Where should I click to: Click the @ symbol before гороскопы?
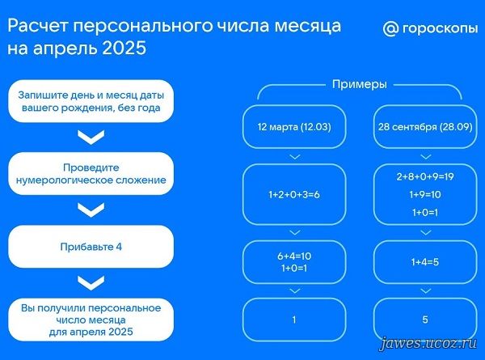click(x=390, y=29)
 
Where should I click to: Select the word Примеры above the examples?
click(x=360, y=84)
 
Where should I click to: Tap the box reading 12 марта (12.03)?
click(x=294, y=126)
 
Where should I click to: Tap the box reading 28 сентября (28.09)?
click(x=425, y=126)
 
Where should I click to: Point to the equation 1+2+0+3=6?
click(x=294, y=194)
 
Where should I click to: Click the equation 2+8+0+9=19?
click(x=425, y=176)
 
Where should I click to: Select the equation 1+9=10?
click(x=425, y=194)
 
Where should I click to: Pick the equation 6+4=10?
click(x=294, y=256)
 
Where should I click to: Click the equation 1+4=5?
click(x=425, y=262)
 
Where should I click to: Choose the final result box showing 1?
click(x=294, y=320)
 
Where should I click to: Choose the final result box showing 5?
click(x=425, y=320)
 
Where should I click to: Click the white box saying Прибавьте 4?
click(x=91, y=247)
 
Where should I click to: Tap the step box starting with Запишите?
click(x=91, y=101)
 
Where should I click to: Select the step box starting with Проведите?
click(x=91, y=174)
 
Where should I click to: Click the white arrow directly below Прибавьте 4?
click(x=91, y=283)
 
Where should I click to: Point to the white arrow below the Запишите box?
click(x=91, y=138)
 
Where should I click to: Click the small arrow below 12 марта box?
click(x=295, y=157)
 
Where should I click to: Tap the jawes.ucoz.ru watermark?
click(x=428, y=344)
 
